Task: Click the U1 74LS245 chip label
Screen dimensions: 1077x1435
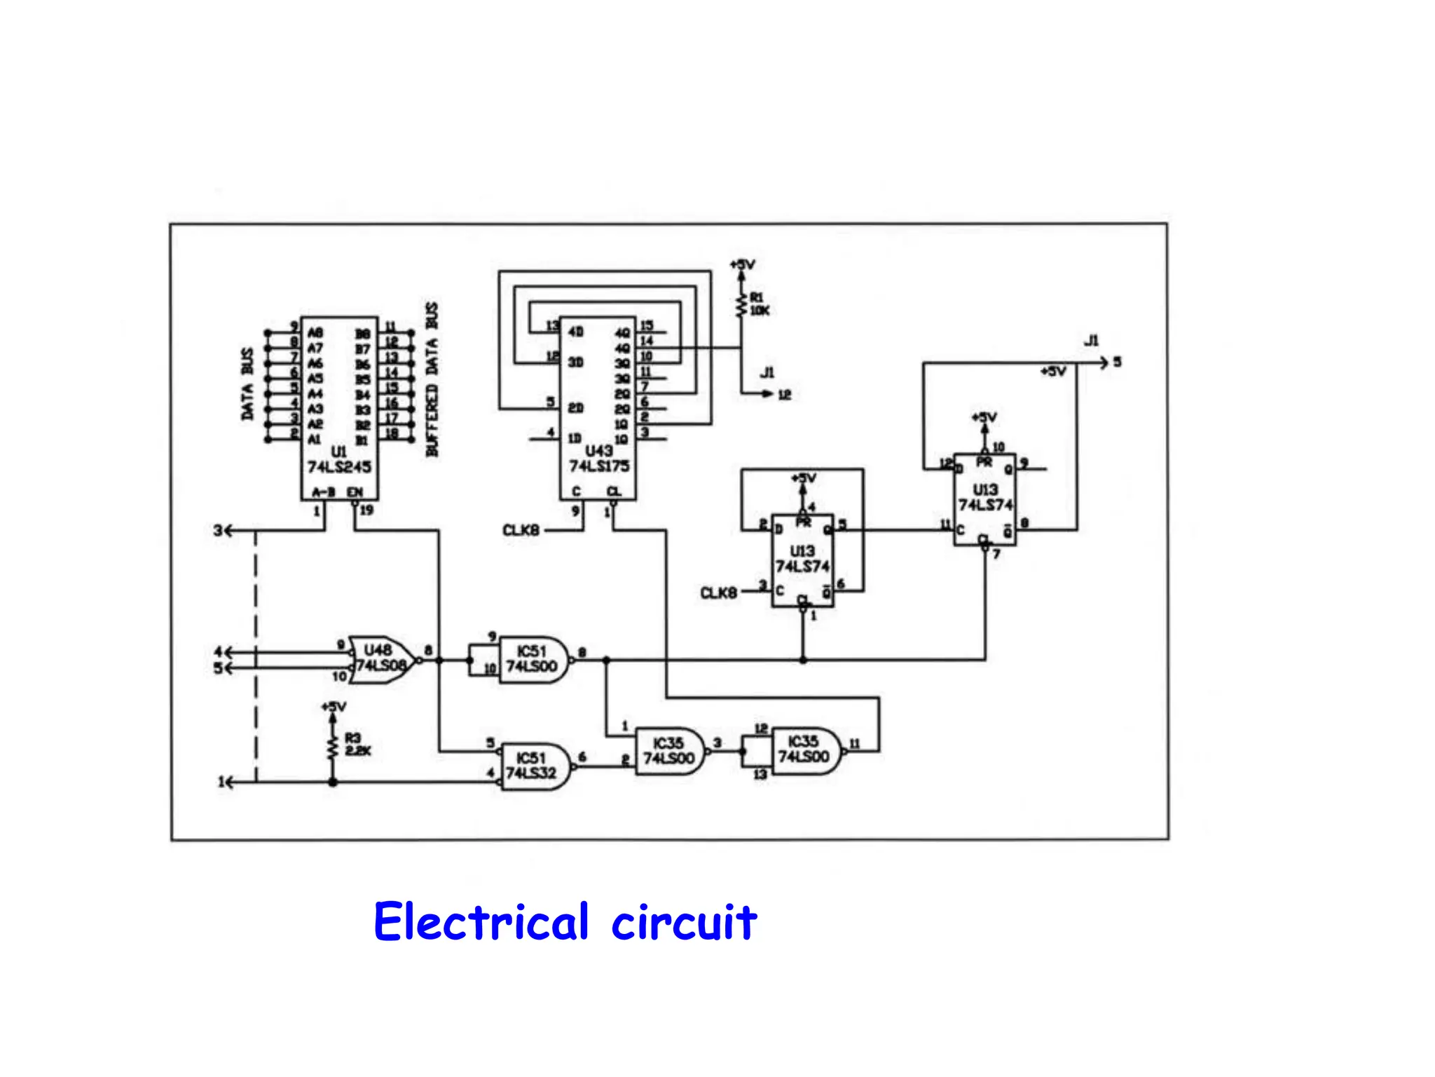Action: coord(339,460)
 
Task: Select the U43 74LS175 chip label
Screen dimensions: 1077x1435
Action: coord(598,459)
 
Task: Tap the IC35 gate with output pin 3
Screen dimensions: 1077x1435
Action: coord(669,751)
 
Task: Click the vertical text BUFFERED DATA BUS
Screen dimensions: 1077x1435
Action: coord(432,379)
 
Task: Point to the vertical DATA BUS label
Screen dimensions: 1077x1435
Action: coord(247,384)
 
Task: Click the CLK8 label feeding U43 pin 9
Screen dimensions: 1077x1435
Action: coord(521,531)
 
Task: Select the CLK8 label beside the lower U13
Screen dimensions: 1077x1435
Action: coord(718,593)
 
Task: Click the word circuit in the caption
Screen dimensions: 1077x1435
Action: coord(684,922)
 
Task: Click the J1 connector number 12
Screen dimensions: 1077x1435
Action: coord(784,395)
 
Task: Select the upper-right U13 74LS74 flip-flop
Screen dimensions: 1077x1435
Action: coord(985,498)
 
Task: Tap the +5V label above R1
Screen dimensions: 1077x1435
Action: coord(742,265)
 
